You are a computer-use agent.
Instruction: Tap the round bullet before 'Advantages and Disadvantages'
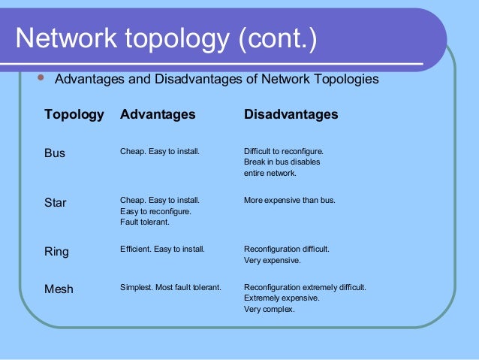point(41,77)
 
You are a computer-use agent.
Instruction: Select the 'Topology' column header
point(74,114)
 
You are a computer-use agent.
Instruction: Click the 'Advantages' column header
point(158,114)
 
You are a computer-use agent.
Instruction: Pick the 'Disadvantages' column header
point(291,114)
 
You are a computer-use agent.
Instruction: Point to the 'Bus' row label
point(55,153)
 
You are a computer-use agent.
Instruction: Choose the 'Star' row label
point(56,202)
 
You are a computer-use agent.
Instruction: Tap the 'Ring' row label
point(56,252)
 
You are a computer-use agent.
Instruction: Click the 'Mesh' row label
point(59,288)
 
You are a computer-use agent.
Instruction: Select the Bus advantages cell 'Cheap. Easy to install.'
point(160,151)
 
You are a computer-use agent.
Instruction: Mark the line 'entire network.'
point(270,174)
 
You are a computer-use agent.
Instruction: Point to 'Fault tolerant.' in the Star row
point(145,222)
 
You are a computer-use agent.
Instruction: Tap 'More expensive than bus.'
point(290,201)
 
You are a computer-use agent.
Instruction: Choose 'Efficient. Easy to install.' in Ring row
point(162,249)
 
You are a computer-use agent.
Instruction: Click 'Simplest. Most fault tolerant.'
point(170,286)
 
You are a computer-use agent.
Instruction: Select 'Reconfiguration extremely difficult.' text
point(305,286)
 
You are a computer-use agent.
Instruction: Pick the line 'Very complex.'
point(270,309)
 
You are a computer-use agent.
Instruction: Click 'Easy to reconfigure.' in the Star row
point(155,212)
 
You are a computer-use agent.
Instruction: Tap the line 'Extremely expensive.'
point(282,298)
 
